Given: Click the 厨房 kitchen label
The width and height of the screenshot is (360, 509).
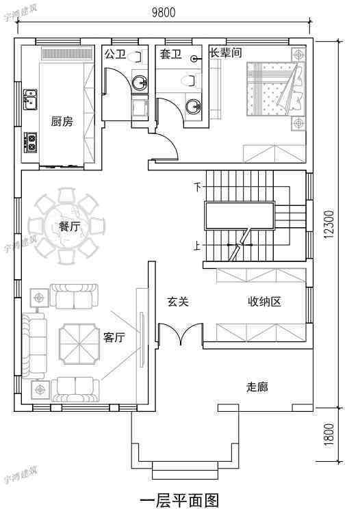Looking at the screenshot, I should (x=62, y=121).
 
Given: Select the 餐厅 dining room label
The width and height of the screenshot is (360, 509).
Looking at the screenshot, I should (x=70, y=226).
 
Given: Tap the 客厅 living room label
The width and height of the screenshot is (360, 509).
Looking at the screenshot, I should (x=114, y=337).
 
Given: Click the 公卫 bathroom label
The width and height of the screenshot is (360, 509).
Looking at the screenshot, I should (x=114, y=53).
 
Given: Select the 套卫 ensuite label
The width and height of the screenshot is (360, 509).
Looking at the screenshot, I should (x=170, y=53).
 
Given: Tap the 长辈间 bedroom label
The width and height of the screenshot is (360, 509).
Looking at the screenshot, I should (x=225, y=52).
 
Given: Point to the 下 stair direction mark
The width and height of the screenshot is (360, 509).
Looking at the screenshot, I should (x=198, y=187).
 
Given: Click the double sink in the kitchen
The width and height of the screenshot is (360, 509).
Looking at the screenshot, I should (x=30, y=99).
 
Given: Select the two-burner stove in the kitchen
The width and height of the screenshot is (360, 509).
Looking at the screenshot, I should (x=31, y=141).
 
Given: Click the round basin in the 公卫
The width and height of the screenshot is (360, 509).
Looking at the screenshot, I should (x=140, y=83).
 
